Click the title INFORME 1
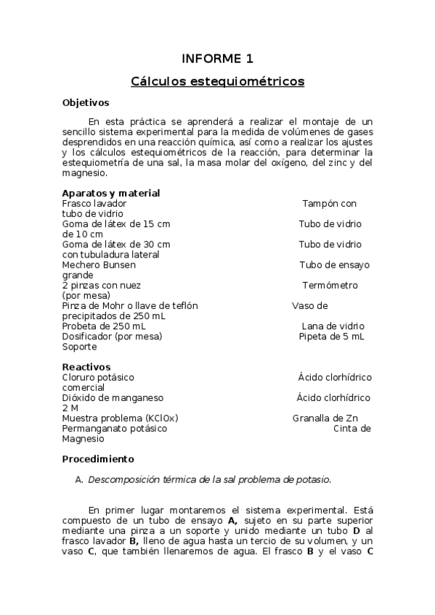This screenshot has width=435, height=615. pos(217,58)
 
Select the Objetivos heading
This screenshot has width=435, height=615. pos(86,103)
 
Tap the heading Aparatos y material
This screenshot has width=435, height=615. pos(111,193)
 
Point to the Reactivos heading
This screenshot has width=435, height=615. pos(86,367)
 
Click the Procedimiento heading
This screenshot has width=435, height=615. pos(98,459)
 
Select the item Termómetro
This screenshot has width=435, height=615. pos(330,286)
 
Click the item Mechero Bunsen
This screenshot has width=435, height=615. pos(99,265)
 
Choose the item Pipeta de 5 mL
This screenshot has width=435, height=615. pos(331,337)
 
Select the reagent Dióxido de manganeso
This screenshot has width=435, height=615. pos(113,397)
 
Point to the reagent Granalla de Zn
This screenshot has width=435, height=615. pos(325,418)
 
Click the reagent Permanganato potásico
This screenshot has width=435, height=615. pos(115,428)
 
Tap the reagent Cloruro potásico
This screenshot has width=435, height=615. pos(98,377)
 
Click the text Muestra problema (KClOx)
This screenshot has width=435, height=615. pos(121,418)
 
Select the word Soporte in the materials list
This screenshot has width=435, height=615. pos(79,347)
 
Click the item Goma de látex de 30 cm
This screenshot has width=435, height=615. pos(116,244)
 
